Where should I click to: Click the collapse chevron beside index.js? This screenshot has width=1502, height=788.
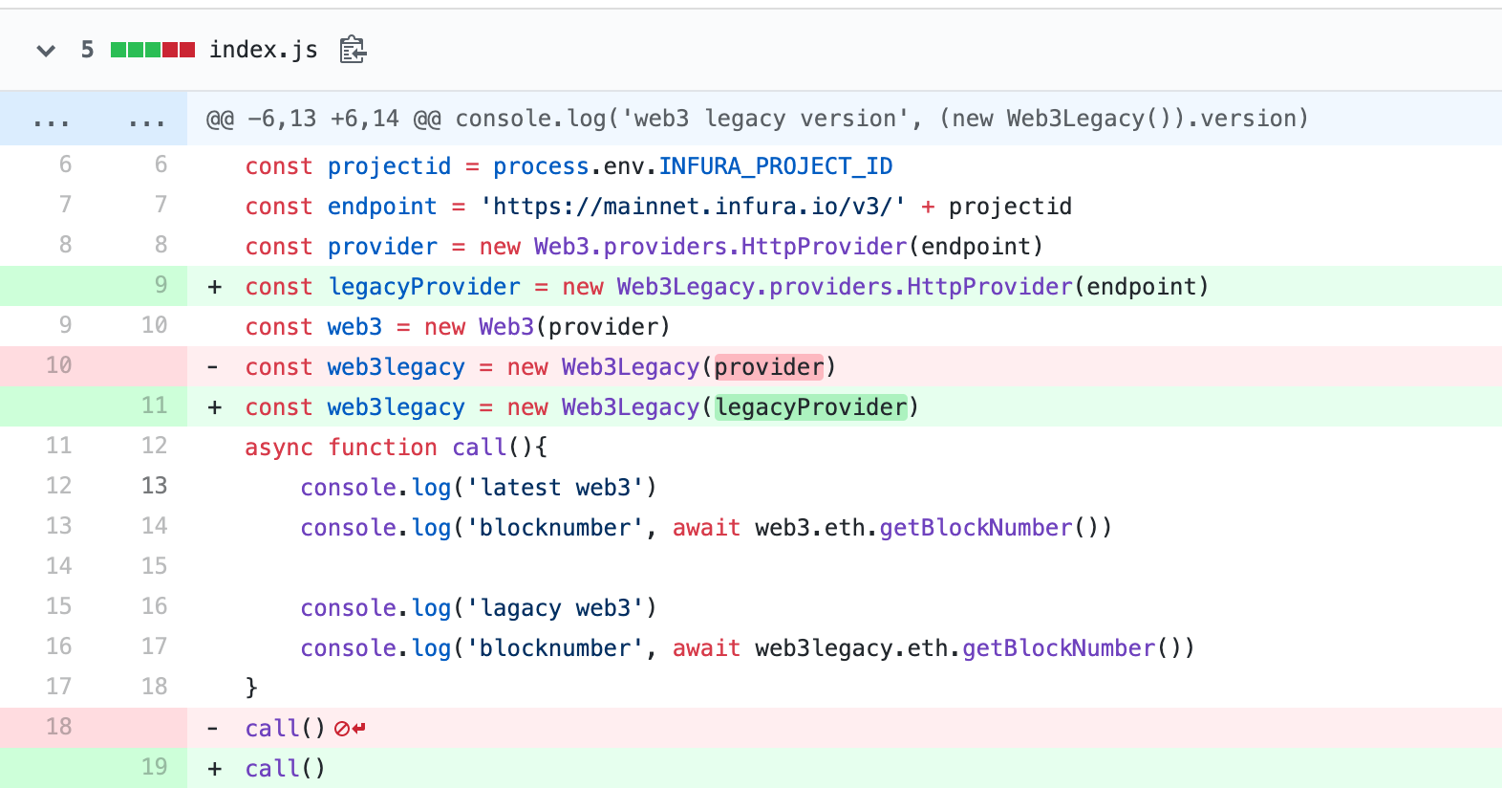click(x=46, y=50)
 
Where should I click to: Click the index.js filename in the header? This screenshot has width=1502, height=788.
click(x=263, y=50)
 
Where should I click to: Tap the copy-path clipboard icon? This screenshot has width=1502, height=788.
click(x=353, y=50)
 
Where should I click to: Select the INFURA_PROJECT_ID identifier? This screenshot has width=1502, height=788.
click(x=775, y=166)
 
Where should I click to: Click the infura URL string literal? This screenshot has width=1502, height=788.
click(x=693, y=207)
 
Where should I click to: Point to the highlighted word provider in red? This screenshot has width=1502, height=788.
click(x=769, y=367)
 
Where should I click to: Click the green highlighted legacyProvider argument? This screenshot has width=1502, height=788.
click(x=811, y=407)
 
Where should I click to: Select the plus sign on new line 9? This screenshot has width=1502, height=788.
click(x=215, y=287)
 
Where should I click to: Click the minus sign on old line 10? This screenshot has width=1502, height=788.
click(x=213, y=367)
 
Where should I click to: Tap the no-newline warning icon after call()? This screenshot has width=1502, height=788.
click(x=350, y=729)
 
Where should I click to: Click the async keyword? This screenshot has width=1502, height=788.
click(x=279, y=448)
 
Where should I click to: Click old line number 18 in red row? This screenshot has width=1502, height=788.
click(x=59, y=727)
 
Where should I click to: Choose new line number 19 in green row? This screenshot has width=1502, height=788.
click(x=155, y=767)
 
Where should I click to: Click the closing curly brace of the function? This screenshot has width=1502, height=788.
click(x=251, y=687)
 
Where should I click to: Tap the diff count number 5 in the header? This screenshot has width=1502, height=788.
click(x=87, y=50)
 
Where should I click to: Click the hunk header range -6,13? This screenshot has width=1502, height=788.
click(x=282, y=119)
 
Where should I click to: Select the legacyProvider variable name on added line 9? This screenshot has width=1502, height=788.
click(x=424, y=287)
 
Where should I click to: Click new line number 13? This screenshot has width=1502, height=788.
click(x=155, y=486)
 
